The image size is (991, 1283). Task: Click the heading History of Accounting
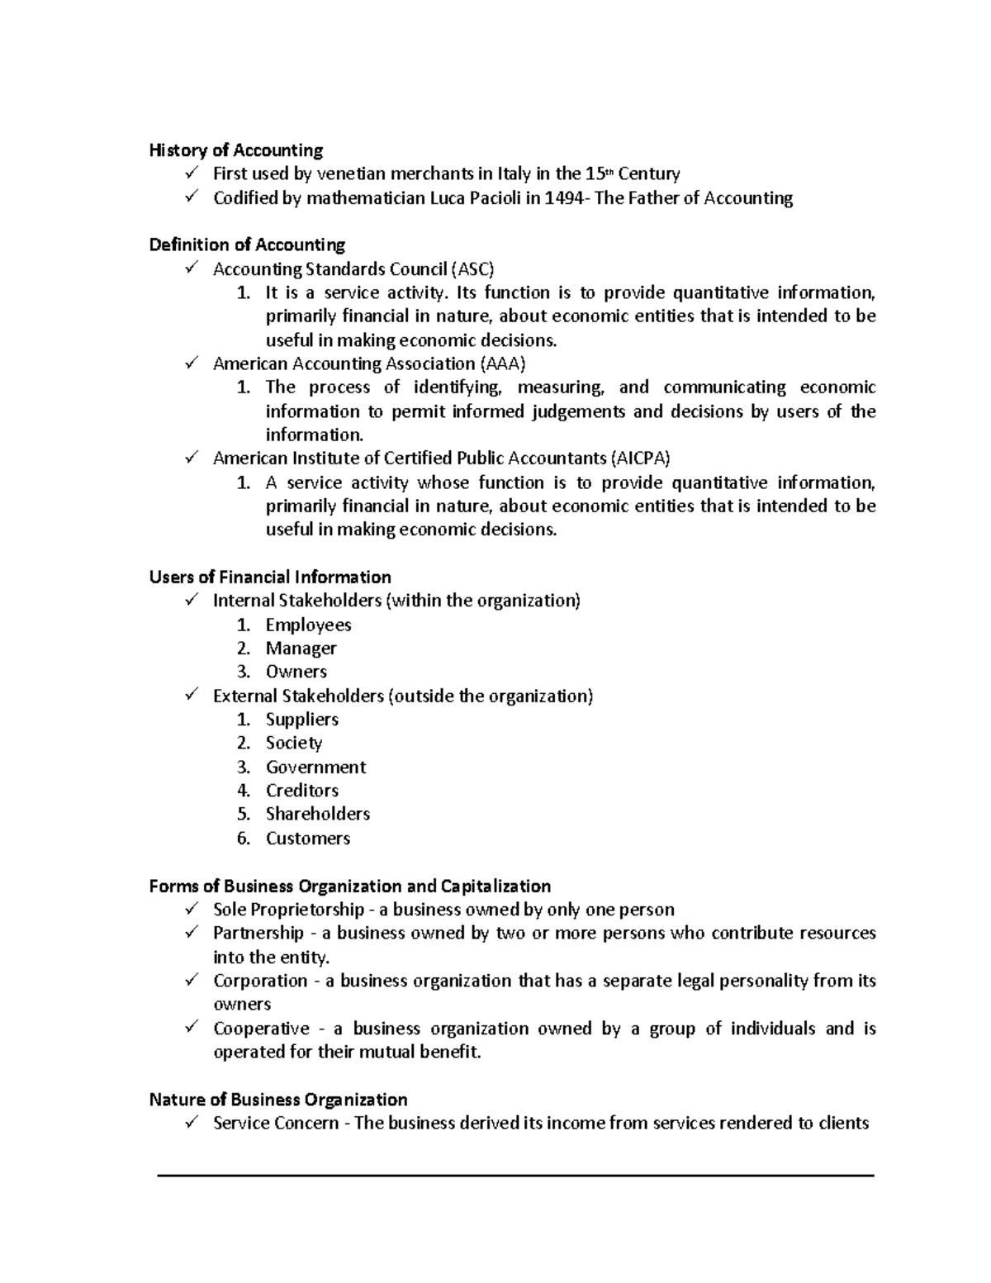pos(235,150)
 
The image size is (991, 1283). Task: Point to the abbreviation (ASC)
pos(472,269)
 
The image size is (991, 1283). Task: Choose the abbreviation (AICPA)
pos(640,459)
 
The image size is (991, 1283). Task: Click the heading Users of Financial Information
pos(270,577)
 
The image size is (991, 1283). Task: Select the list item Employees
pos(308,625)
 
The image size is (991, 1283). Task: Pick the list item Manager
pos(301,649)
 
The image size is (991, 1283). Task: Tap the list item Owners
pos(296,672)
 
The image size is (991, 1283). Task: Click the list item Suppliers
pos(301,720)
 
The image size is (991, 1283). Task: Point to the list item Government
pos(315,767)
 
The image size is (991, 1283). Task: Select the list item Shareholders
pos(317,815)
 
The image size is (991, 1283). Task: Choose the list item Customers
pos(307,839)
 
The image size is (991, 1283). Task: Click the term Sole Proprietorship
pos(288,910)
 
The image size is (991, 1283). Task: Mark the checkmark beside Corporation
pos(192,981)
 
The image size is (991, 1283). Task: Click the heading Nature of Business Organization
pos(278,1100)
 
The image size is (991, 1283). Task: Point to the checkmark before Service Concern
pos(192,1123)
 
